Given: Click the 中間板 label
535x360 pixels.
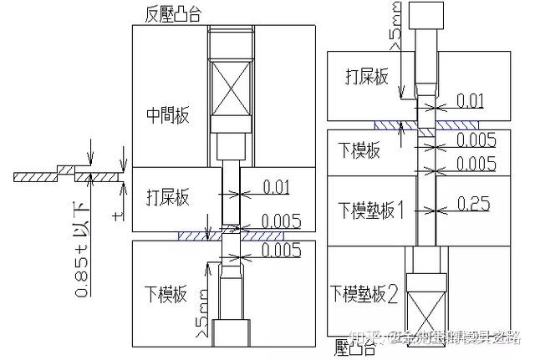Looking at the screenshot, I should (x=168, y=115).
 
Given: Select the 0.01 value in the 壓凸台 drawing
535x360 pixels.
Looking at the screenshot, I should (x=471, y=100).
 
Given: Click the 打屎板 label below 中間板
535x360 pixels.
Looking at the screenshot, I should (x=168, y=198).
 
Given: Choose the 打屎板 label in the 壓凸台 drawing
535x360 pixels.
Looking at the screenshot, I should (x=368, y=77).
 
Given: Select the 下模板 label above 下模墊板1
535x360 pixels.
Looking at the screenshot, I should (x=359, y=151).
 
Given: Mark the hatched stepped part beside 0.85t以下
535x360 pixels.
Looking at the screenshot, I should (x=63, y=175).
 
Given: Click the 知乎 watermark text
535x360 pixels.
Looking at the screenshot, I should (x=361, y=338).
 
